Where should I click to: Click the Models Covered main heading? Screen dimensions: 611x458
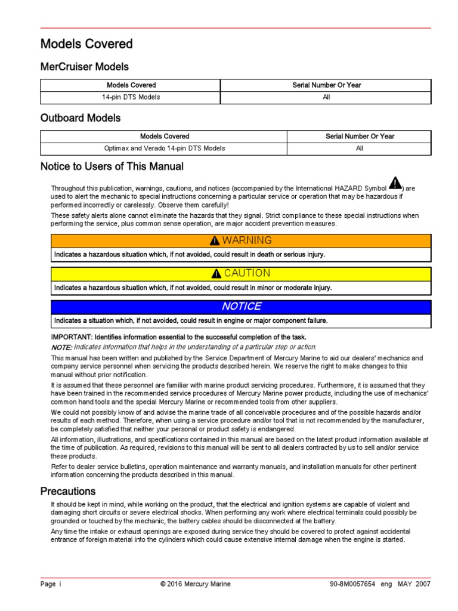pos(86,44)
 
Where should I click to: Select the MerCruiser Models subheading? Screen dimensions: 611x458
pos(84,67)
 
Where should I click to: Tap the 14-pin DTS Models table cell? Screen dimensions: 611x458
pos(131,97)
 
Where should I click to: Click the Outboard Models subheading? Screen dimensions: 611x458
pos(81,118)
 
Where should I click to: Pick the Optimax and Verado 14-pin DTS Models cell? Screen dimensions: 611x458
pos(164,148)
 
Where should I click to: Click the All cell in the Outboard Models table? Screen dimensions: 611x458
pos(360,148)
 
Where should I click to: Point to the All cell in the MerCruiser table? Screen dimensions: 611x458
pos(326,97)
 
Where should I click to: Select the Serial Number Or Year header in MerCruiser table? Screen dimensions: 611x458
pos(326,85)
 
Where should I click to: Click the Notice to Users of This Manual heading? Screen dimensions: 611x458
pos(112,167)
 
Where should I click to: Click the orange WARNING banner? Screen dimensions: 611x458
pos(241,240)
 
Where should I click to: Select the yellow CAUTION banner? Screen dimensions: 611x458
pos(241,273)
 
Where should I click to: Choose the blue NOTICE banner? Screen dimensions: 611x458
pos(241,306)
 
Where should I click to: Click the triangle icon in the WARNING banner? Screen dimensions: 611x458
pos(215,241)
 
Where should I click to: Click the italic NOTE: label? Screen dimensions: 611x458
pos(61,347)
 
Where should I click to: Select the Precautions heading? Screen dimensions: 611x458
pos(68,492)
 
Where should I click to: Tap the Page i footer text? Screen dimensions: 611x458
pos(51,584)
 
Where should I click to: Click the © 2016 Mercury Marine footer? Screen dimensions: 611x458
pos(195,584)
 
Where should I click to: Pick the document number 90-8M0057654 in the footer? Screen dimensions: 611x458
pos(352,584)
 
